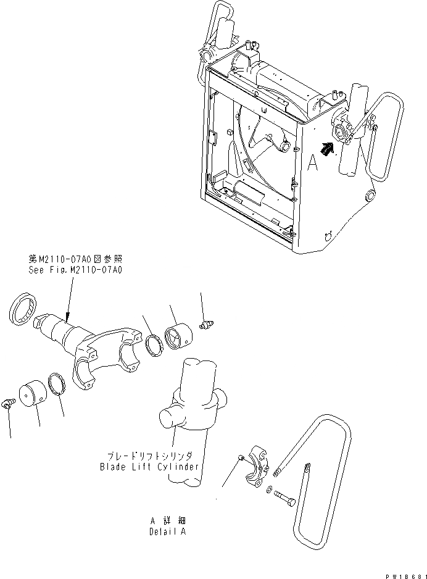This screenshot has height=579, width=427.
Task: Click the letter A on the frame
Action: point(312,162)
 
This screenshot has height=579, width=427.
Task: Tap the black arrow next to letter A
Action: point(328,149)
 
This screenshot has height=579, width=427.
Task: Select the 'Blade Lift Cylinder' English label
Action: point(149,467)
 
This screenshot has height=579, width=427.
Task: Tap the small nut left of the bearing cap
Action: point(241,457)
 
